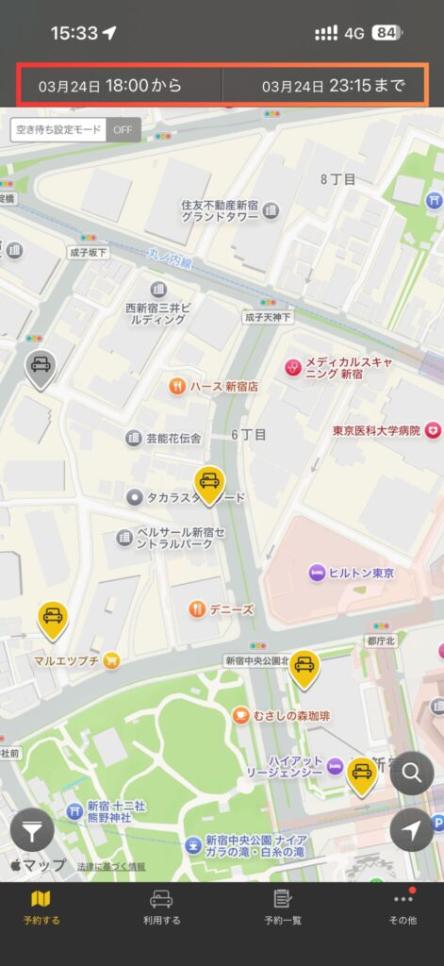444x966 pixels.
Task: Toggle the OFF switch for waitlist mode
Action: click(123, 129)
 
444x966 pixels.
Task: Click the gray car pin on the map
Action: click(40, 367)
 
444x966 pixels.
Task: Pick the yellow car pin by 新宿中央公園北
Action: click(303, 668)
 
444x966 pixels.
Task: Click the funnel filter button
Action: click(32, 832)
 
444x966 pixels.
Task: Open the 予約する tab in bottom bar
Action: click(41, 907)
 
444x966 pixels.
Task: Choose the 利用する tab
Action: click(161, 907)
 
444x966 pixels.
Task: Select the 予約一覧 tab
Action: click(282, 907)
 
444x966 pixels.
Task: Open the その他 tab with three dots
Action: click(403, 907)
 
